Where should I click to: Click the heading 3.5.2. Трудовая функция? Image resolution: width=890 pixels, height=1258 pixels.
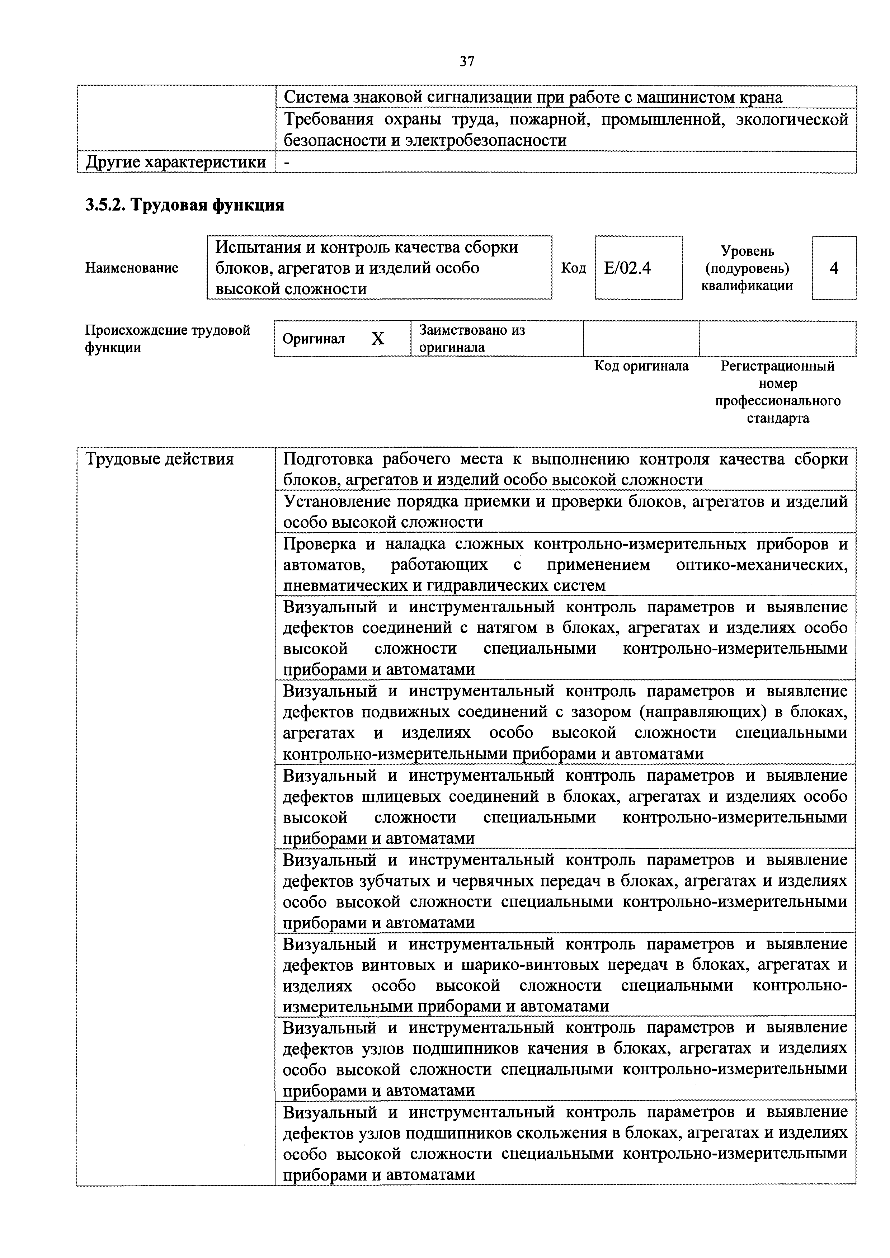(x=185, y=206)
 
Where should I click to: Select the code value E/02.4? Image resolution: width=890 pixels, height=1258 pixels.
(x=627, y=268)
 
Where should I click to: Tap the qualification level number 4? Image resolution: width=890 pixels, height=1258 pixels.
(x=834, y=268)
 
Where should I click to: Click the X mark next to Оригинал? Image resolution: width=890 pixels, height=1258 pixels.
(x=378, y=339)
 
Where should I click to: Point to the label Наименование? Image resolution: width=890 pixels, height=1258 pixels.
(x=132, y=268)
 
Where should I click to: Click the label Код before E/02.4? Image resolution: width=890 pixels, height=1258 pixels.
(x=573, y=268)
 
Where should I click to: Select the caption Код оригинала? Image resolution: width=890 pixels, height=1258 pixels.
(x=641, y=366)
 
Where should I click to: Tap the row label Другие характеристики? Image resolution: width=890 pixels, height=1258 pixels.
(x=175, y=162)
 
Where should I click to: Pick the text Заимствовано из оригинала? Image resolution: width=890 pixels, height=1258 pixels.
(x=471, y=339)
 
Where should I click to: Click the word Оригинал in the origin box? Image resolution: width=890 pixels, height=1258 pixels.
(x=314, y=339)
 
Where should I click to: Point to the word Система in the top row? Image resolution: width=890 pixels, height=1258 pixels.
(x=316, y=98)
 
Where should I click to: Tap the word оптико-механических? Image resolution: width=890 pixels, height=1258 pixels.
(x=762, y=565)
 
